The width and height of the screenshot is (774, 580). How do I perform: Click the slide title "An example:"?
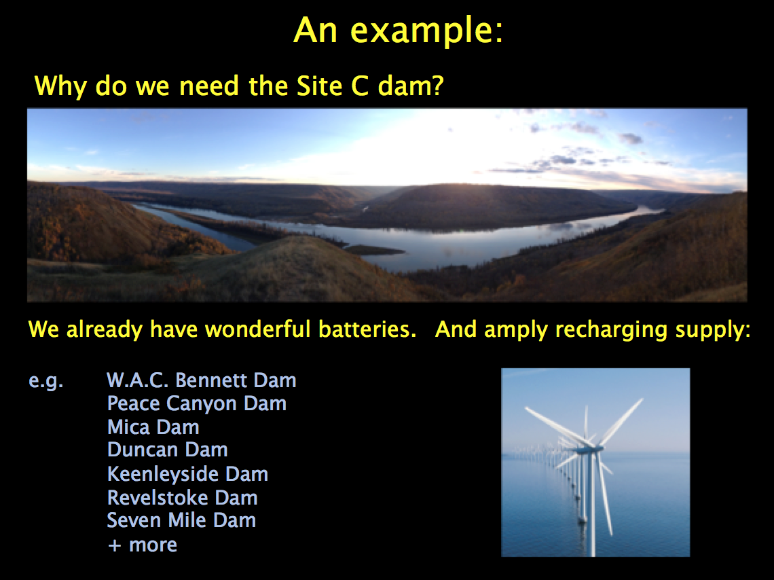[x=399, y=31]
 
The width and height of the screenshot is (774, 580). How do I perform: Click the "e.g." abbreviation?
[x=46, y=381]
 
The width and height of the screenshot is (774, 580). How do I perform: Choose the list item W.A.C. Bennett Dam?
[x=202, y=380]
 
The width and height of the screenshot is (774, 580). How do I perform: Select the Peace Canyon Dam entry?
[x=196, y=403]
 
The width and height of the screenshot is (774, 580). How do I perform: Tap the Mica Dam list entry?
[x=153, y=427]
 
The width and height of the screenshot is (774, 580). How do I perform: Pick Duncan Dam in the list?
[x=167, y=450]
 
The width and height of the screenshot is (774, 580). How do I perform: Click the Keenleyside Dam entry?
[x=187, y=474]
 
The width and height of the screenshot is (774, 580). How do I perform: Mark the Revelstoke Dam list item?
[x=182, y=497]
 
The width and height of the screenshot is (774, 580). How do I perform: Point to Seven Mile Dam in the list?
[x=181, y=520]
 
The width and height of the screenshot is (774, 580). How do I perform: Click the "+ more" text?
[x=142, y=545]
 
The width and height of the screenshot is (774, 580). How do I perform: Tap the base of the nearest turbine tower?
[x=593, y=554]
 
